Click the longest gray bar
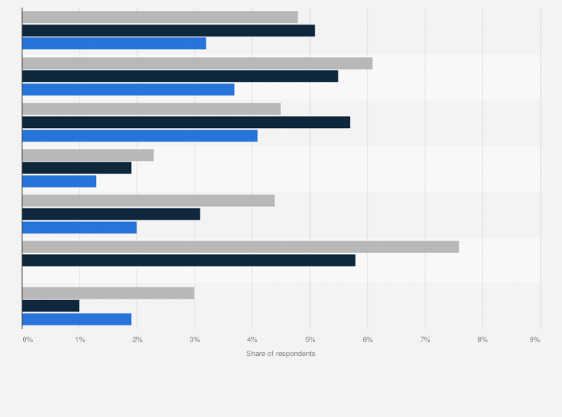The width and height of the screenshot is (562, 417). coord(240,246)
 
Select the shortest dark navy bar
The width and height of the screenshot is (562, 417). coord(51,305)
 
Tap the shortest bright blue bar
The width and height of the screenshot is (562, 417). coord(59,181)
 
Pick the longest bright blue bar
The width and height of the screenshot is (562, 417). coord(139,136)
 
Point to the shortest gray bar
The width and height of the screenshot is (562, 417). coord(88,155)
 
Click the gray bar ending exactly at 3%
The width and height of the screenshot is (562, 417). coord(108,293)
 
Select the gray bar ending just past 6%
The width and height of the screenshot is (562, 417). coord(197,63)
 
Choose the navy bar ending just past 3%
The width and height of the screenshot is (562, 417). coord(111,214)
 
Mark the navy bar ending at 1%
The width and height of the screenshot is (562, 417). coord(51,305)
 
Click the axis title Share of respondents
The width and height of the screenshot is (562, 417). coord(280,353)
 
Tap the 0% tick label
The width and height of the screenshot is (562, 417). coord(28,340)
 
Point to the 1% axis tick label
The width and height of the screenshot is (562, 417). coord(80,340)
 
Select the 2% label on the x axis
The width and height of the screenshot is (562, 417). coord(137,340)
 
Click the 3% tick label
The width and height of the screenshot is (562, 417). coord(195,340)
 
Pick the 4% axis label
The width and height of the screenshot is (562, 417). coord(252,340)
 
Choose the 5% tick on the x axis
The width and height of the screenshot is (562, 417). coord(310,340)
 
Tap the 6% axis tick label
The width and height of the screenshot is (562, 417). coord(367,340)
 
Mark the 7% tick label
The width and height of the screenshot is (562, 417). coord(425,340)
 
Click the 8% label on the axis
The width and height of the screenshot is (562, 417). coord(482,340)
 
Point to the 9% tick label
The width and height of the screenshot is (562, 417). coord(534,340)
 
